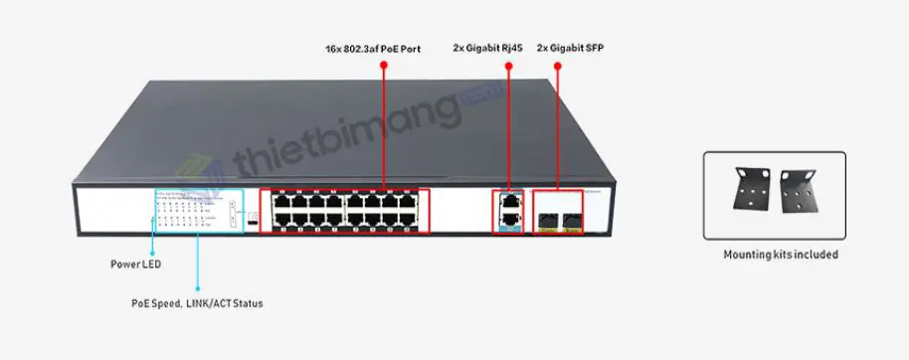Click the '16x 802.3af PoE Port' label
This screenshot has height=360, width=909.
(x=373, y=48)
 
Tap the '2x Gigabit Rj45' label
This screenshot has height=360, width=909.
(x=487, y=48)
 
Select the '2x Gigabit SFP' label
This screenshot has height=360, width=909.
(x=569, y=48)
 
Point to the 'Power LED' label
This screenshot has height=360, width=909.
(x=135, y=265)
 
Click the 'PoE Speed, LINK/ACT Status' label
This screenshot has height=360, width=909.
(x=197, y=302)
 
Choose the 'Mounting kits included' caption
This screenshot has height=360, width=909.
(x=781, y=255)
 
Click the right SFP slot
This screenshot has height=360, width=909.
(x=572, y=215)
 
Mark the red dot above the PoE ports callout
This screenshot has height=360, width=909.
(x=383, y=66)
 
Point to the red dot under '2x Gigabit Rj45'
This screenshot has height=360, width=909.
(x=508, y=67)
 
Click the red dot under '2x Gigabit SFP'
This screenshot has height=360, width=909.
(x=557, y=67)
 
